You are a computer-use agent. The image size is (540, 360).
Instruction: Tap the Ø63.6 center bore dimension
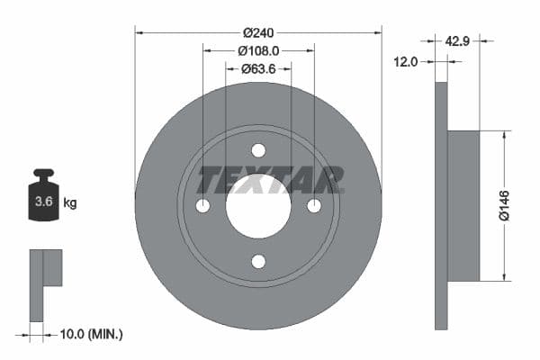pos(258,68)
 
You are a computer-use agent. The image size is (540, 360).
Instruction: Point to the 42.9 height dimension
pos(459,40)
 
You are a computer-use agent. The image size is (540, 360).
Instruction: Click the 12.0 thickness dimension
pos(407,61)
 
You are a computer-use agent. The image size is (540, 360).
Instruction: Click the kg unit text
pos(70,203)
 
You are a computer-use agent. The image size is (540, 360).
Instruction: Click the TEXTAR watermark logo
pos(270,180)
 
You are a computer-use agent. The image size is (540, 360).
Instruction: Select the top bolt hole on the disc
pos(258,150)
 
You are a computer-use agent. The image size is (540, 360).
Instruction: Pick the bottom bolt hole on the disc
pos(258,262)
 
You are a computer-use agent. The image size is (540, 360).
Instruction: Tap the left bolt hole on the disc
pos(202,206)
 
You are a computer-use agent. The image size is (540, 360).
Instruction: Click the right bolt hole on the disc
pos(314,206)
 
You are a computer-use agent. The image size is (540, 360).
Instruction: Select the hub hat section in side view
pos(463,205)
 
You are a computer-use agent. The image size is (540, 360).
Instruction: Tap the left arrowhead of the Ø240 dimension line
pos(139,32)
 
